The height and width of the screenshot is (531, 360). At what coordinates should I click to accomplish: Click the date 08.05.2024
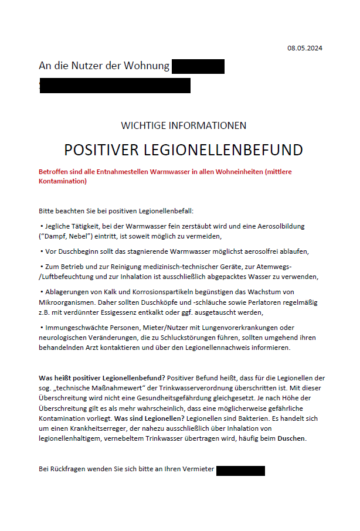[x=304, y=48]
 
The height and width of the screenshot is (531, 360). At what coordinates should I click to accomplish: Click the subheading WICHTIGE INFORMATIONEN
[x=184, y=125]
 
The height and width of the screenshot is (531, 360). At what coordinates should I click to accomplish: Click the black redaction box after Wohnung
[x=198, y=66]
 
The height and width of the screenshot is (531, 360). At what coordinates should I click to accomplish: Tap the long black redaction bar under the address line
[x=115, y=86]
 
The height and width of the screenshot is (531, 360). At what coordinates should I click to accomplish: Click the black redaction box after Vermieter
[x=240, y=470]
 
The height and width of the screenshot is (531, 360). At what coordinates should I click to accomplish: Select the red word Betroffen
[x=56, y=172]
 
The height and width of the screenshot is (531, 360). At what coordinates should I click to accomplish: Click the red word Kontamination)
[x=63, y=181]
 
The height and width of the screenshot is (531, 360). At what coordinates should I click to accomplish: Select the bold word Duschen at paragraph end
[x=291, y=438]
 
